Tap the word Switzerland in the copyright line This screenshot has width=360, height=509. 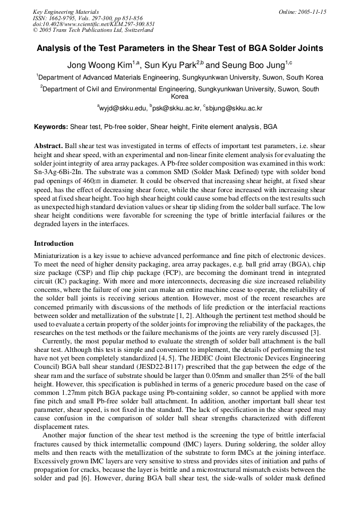(135, 31)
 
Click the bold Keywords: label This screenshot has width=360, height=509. (51, 127)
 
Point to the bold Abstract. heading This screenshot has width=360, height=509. (49, 146)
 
